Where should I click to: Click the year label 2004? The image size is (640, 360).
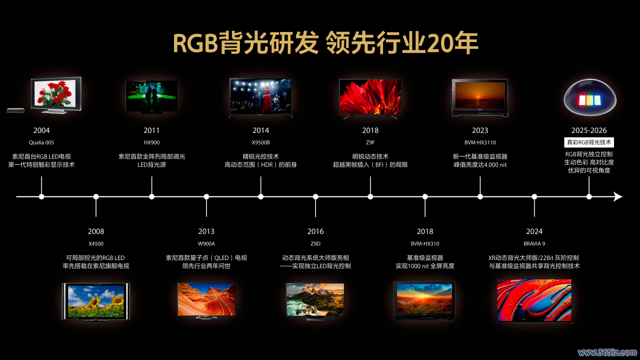[41, 130]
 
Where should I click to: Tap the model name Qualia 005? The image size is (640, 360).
[41, 142]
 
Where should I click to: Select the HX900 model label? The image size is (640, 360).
[151, 142]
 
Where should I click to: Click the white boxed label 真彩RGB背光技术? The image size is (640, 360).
[589, 142]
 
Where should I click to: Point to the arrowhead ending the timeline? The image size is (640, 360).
[618, 196]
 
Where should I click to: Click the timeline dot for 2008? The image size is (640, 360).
[96, 196]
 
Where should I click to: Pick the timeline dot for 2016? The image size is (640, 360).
[315, 196]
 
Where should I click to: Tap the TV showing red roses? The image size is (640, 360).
[56, 95]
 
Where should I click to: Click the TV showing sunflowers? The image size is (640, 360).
[96, 302]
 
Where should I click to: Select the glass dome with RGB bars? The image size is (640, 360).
[589, 97]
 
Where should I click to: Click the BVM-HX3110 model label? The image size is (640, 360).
[480, 142]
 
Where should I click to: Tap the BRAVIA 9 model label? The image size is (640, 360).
[534, 243]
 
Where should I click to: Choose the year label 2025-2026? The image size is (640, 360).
[589, 130]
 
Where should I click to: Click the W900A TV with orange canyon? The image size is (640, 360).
[206, 300]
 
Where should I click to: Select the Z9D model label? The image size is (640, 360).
[315, 243]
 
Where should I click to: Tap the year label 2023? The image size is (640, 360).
[480, 130]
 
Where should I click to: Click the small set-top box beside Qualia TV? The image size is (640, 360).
[15, 110]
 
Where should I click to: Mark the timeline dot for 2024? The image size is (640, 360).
[534, 196]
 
